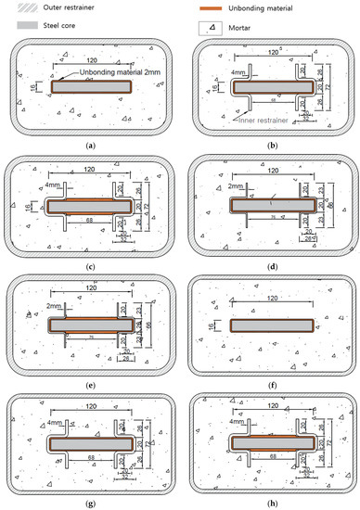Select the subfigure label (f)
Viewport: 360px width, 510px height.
click(270, 379)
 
